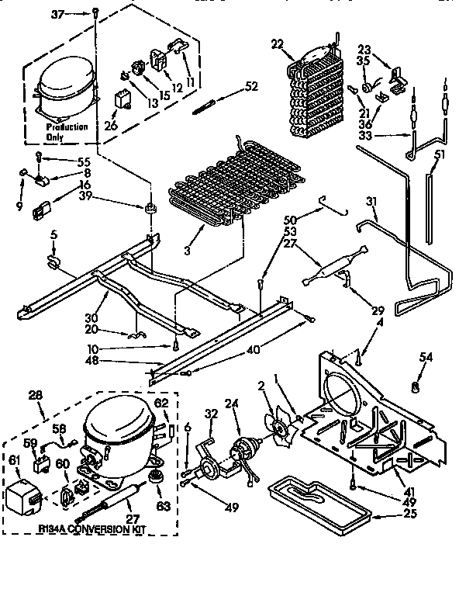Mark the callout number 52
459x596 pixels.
coord(250,86)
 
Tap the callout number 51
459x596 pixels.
coord(440,154)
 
